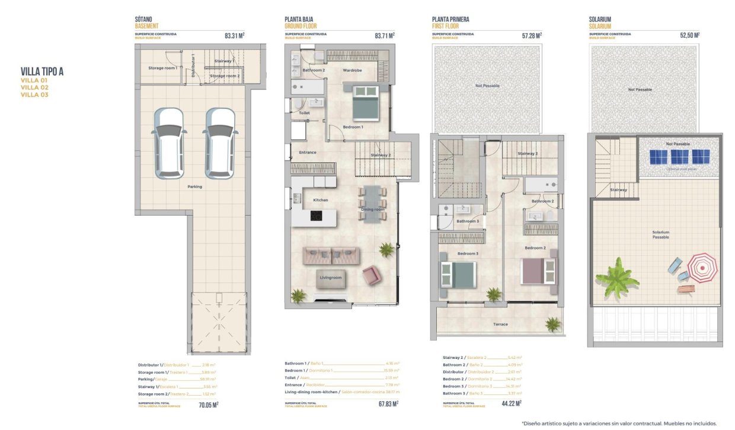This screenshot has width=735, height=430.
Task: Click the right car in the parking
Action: tap(220, 143)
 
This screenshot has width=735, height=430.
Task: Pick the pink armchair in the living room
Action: tap(372, 275)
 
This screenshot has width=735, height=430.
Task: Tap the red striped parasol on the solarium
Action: tap(703, 268)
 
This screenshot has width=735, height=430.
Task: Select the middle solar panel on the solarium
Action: tap(679, 157)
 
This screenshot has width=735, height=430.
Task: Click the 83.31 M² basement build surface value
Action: tap(235, 36)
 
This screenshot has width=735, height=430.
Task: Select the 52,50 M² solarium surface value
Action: tap(689, 36)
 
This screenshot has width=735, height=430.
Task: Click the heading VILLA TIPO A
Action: tap(42, 72)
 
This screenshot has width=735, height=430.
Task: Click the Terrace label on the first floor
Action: tap(500, 324)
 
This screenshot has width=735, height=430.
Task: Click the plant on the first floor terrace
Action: tap(553, 323)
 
